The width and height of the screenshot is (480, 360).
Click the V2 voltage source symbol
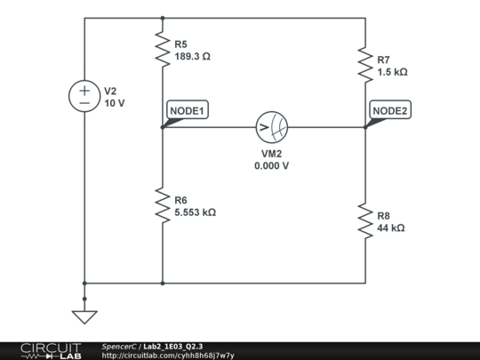pos(85,96)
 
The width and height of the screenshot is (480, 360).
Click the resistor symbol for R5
pos(162,49)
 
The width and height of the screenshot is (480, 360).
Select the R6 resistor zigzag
pos(162,206)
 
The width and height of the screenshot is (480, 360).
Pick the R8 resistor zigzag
pos(365,221)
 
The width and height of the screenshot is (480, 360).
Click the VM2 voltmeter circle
pos(272,128)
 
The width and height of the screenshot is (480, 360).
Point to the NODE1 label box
pos(188,111)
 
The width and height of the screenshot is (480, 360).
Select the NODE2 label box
pos(390,111)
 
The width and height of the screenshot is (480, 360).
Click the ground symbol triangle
pos(84,316)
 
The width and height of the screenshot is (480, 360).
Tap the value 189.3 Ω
pos(193,55)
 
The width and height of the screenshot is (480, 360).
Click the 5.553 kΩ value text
pos(195,212)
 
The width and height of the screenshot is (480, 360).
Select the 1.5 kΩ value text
pos(392,72)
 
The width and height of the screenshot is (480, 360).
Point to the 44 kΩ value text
pos(391,228)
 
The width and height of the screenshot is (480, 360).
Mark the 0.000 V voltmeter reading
pos(272,165)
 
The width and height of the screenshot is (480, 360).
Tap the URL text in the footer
pos(168,356)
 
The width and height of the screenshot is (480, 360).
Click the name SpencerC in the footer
pos(118,346)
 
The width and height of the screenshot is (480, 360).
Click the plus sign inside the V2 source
pos(85,90)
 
